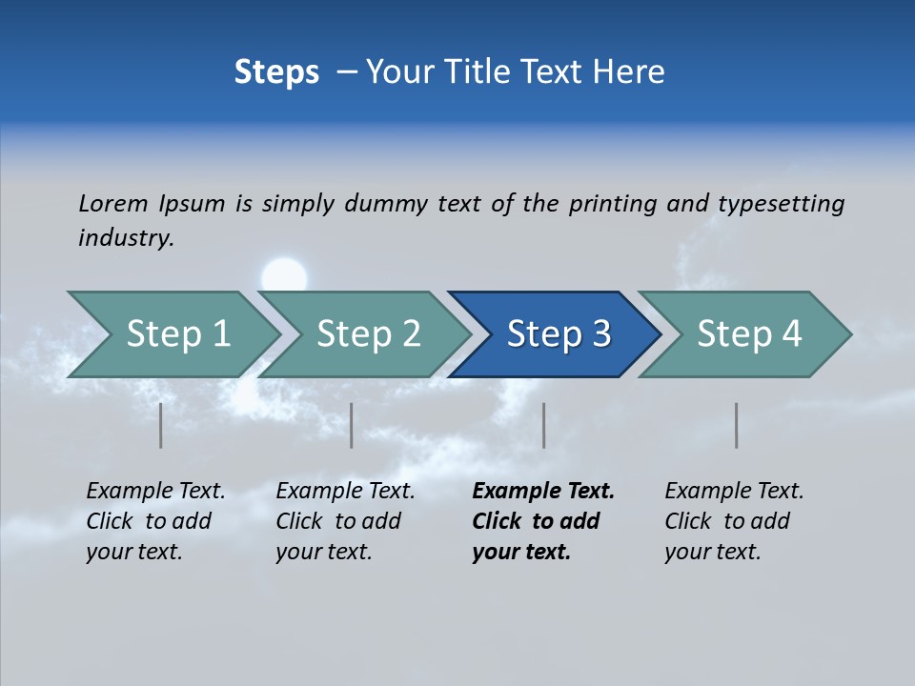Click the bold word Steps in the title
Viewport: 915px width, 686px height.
coord(276,71)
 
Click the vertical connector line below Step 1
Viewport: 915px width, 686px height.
coord(161,425)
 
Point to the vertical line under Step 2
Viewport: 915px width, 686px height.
coord(352,425)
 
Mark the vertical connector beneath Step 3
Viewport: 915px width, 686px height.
coord(544,425)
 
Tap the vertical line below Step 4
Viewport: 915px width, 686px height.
coord(737,425)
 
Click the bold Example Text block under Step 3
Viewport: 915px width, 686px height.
coord(543,521)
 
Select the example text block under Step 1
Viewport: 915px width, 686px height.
coord(155,521)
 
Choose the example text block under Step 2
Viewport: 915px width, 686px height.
coord(345,521)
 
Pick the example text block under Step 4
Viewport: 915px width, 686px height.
coord(734,521)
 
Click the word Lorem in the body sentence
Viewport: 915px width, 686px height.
coord(113,203)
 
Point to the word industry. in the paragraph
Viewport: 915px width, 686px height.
coord(126,237)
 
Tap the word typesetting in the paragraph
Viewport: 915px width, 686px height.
coord(781,204)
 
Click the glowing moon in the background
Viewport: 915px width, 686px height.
coord(284,275)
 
